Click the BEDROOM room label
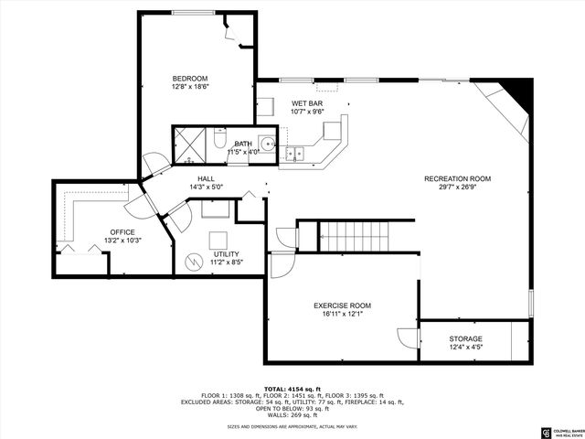coord(191,78)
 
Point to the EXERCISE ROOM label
coord(343,305)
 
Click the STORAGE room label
coord(465,338)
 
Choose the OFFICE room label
coord(122,231)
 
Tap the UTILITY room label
coord(226,253)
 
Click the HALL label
coord(206,178)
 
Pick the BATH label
coord(243,144)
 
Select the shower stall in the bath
coord(191,144)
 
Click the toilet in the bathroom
coord(219,142)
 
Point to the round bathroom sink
coord(266,143)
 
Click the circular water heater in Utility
coord(194,262)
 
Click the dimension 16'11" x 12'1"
coord(343,315)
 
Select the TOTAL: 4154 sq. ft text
coord(292,390)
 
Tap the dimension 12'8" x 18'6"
coord(191,87)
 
